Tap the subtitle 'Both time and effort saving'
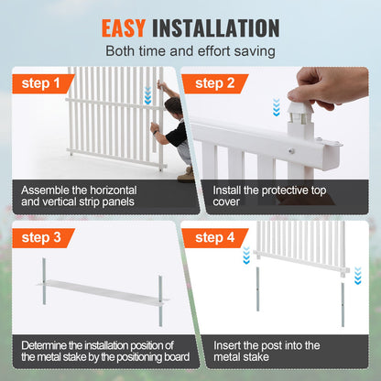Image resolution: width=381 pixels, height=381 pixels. coord(190,51)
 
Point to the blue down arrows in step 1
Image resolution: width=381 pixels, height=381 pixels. coord(148,96)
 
